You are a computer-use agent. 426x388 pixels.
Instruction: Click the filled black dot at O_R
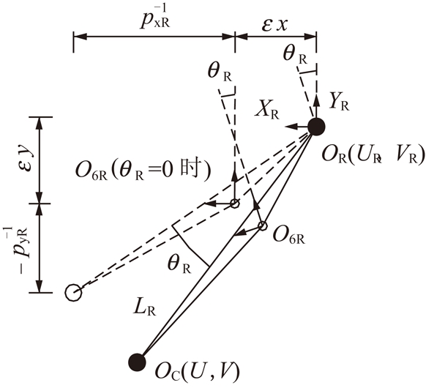(316, 127)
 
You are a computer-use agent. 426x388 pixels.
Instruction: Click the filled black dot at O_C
(137, 362)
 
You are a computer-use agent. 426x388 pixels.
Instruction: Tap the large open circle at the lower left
(73, 293)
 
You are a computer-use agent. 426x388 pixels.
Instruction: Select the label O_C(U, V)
(198, 371)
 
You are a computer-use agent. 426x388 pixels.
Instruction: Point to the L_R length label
(145, 308)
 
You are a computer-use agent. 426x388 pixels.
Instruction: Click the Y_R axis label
(339, 102)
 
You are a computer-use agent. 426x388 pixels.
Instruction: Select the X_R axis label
(267, 111)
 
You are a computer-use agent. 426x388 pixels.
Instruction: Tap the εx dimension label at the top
(274, 26)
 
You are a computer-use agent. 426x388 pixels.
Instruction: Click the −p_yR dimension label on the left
(21, 246)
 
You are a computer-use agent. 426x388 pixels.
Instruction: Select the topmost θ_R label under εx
(296, 54)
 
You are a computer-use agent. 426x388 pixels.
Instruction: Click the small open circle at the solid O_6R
(263, 225)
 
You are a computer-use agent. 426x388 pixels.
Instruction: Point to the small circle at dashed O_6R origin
(234, 204)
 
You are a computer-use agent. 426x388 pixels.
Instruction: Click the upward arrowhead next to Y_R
(316, 99)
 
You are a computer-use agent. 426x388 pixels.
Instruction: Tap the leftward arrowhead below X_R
(290, 127)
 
